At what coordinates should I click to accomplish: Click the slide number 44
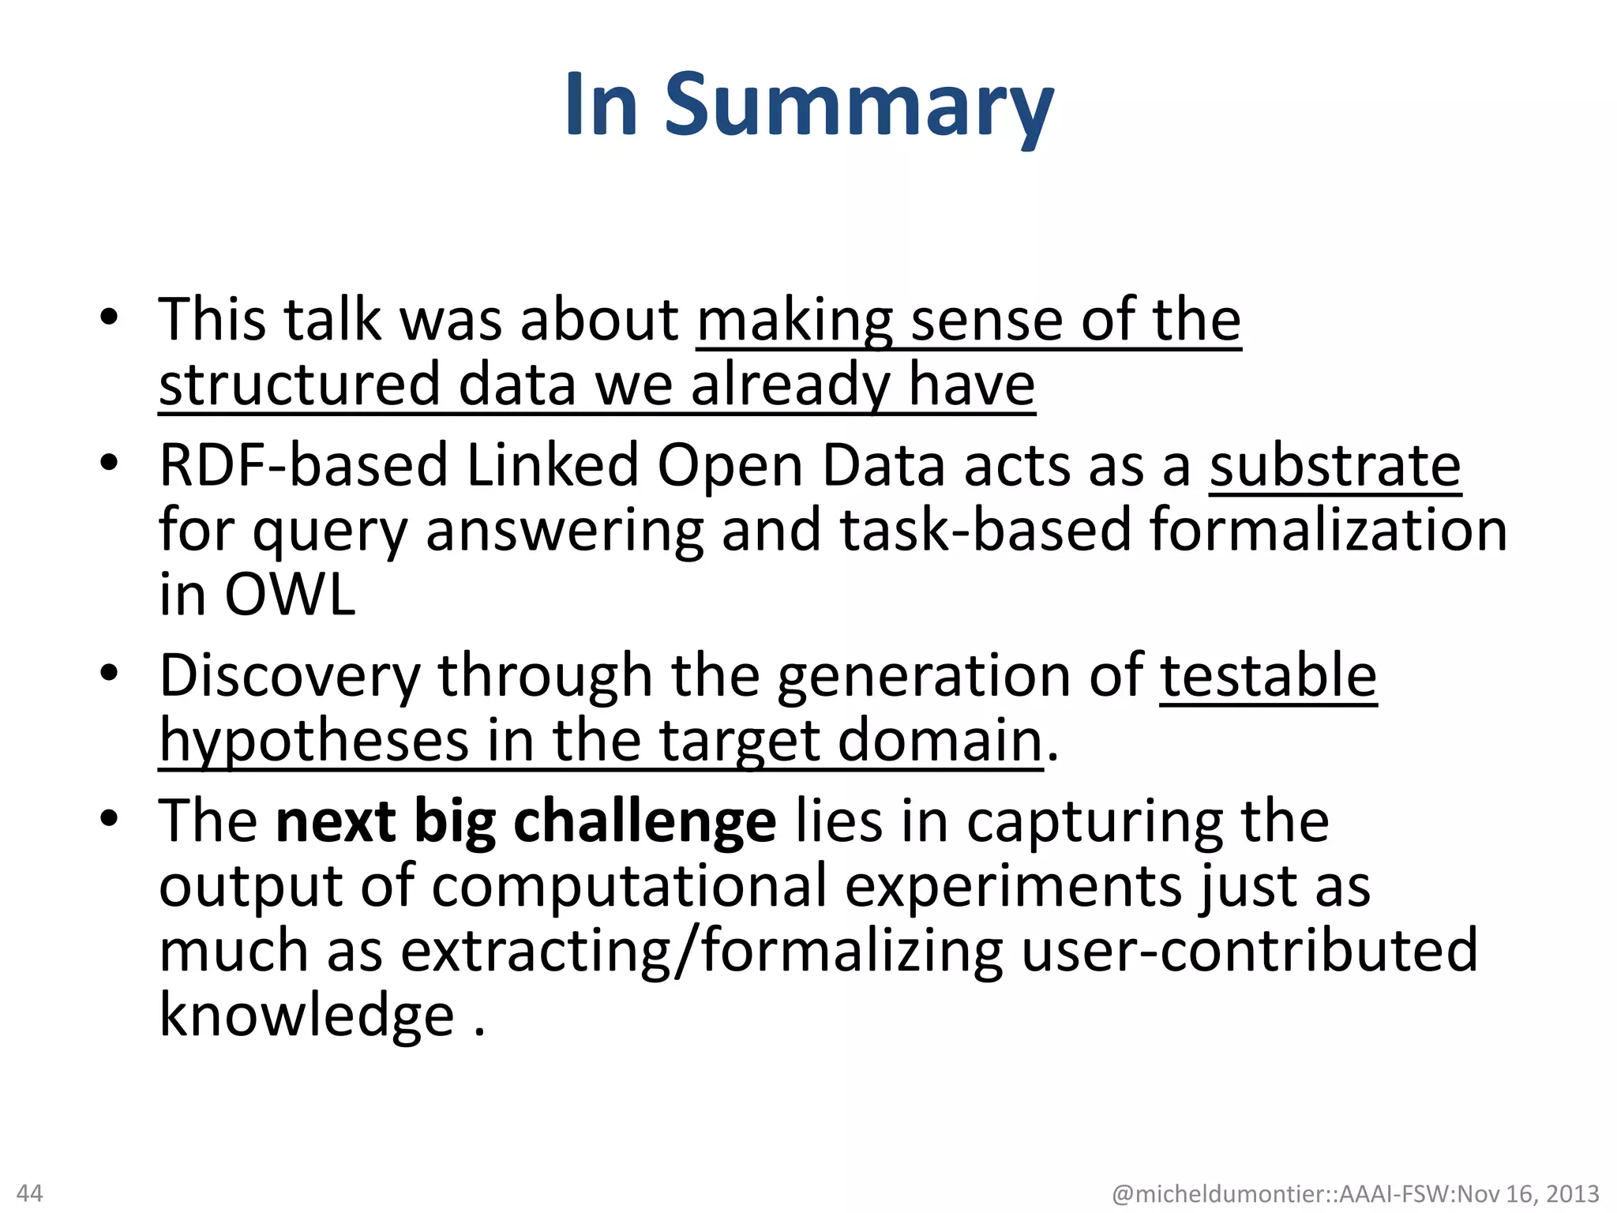(x=30, y=1192)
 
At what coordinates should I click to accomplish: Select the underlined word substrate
(x=1335, y=466)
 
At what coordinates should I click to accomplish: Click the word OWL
(x=290, y=595)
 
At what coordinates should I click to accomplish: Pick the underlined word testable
(x=1269, y=677)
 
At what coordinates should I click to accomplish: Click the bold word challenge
(x=644, y=822)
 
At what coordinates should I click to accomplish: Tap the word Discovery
(x=290, y=677)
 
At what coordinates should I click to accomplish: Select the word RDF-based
(x=303, y=466)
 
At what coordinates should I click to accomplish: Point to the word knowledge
(x=306, y=1015)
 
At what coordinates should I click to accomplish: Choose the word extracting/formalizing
(x=701, y=950)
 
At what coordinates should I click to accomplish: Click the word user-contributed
(x=1249, y=950)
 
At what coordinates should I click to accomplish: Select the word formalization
(x=1328, y=531)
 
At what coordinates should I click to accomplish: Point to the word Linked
(x=552, y=466)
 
